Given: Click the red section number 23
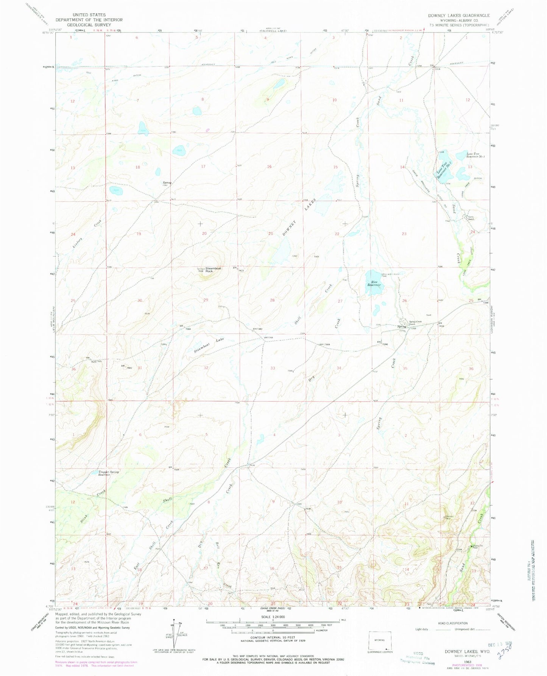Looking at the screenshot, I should click(404, 234).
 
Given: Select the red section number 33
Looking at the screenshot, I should click(273, 368).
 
